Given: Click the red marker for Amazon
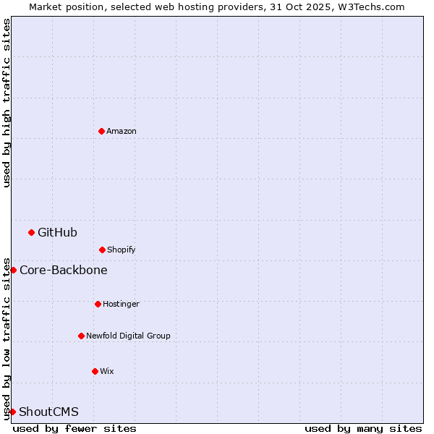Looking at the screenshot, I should [101, 131].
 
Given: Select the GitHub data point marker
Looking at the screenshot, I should [31, 232].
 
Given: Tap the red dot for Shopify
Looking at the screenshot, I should [102, 250].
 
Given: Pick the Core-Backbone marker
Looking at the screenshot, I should [13, 270].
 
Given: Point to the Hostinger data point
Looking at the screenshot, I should [98, 304].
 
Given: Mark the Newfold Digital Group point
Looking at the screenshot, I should [81, 336].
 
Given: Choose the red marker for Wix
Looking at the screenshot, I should [95, 371].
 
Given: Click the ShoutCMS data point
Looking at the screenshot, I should [12, 412].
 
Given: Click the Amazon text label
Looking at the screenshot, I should [122, 131].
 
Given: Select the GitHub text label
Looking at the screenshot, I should [57, 232].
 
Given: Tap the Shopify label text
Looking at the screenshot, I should [122, 250].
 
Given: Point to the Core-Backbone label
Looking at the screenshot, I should [64, 270].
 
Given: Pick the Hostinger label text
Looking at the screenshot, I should [121, 304].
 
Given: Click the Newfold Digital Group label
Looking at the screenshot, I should [128, 336].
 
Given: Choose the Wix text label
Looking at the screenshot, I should [107, 371].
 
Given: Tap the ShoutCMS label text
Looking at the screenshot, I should [48, 412].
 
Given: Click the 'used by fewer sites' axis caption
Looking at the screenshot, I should [75, 428].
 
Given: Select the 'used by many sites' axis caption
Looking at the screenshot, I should [363, 428].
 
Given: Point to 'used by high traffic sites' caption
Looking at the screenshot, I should [7, 103].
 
